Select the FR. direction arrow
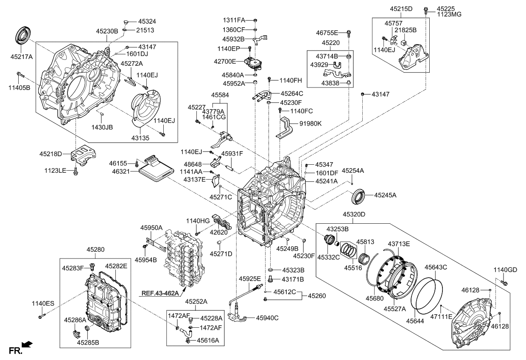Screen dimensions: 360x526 [27, 345]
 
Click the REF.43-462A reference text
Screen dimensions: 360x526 [158, 293]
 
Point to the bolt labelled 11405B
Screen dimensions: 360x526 [21, 75]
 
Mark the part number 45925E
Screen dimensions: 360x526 [249, 279]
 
